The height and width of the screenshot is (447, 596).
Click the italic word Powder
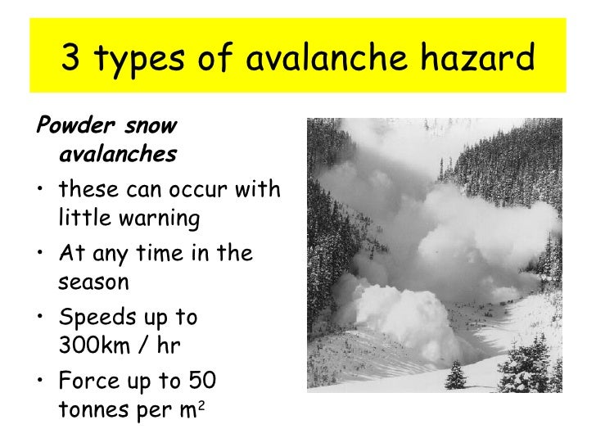(68, 127)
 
